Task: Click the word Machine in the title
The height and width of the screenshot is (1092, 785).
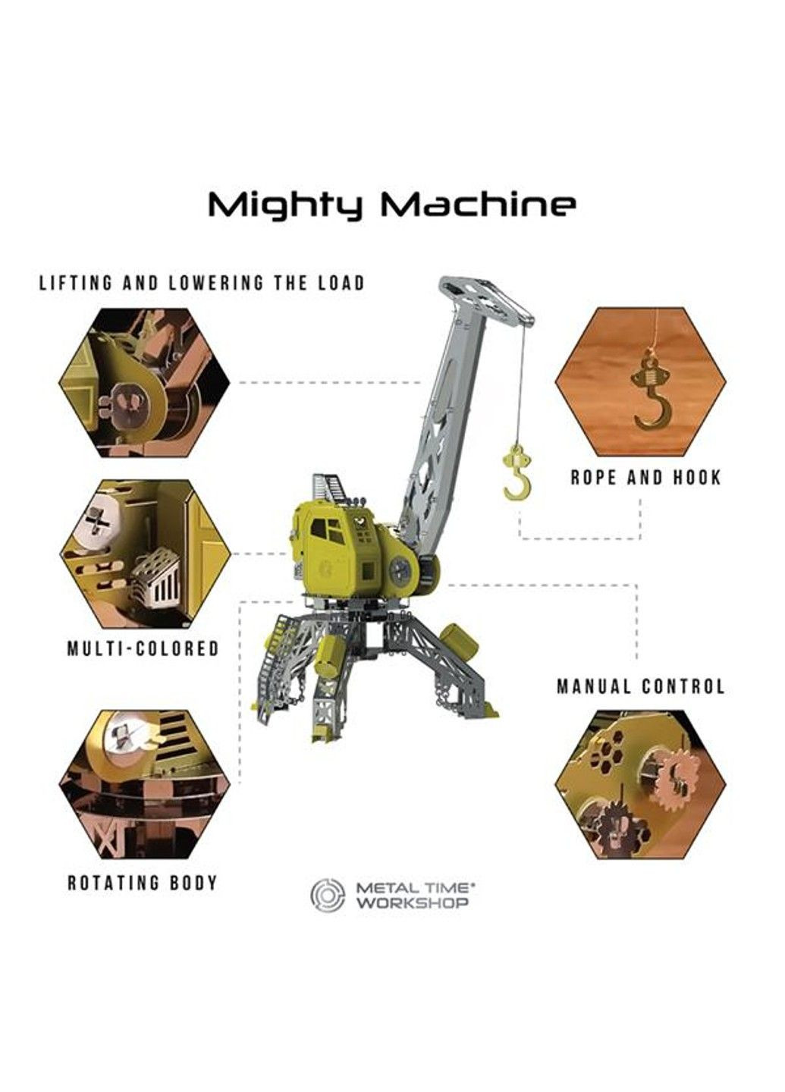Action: click(479, 205)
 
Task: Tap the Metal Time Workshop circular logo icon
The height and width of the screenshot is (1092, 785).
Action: click(328, 895)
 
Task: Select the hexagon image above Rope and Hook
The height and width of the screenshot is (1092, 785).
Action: click(640, 381)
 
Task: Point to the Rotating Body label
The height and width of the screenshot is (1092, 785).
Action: click(143, 883)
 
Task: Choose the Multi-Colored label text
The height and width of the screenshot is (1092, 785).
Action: click(143, 648)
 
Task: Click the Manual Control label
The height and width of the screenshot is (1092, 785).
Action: click(641, 686)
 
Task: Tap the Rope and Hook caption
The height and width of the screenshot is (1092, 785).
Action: click(645, 478)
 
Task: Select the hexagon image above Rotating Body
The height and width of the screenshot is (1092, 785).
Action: click(144, 784)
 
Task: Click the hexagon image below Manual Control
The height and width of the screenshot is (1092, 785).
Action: click(640, 784)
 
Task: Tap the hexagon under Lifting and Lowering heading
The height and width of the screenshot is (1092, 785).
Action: click(144, 382)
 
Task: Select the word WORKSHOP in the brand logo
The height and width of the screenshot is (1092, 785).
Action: click(413, 903)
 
